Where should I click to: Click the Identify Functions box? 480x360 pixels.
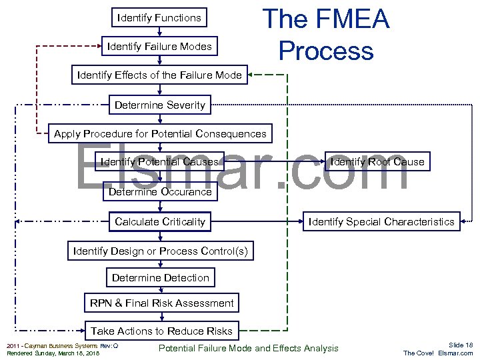click(159, 18)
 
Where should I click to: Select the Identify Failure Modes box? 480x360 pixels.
click(159, 47)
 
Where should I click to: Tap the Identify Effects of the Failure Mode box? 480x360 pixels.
click(159, 75)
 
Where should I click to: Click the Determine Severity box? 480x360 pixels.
click(160, 105)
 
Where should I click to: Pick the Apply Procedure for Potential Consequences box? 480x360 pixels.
click(160, 134)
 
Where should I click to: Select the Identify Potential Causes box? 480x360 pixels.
click(159, 162)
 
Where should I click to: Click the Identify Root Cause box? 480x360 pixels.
click(377, 162)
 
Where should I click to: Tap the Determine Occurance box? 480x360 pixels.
click(160, 192)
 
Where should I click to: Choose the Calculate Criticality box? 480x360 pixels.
click(160, 221)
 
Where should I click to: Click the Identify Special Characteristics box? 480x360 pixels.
click(381, 222)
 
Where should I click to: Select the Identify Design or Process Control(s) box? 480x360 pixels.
click(160, 251)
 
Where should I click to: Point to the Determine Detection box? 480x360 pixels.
click(160, 278)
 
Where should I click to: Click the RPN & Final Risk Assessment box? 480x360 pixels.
click(161, 303)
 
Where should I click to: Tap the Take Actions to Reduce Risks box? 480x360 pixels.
click(161, 331)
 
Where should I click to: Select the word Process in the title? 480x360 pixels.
click(326, 51)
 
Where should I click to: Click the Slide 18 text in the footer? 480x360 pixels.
click(460, 345)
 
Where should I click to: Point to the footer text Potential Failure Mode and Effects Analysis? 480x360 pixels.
click(248, 348)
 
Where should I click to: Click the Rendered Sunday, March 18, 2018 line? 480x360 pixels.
click(53, 353)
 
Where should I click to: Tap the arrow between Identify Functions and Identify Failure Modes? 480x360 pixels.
click(160, 31)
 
